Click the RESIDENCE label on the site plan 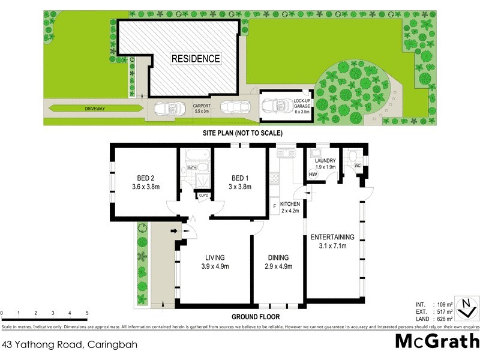pyautogui.click(x=196, y=59)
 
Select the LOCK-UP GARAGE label pyautogui.click(x=302, y=106)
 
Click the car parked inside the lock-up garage pyautogui.click(x=278, y=107)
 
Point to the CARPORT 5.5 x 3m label pyautogui.click(x=201, y=108)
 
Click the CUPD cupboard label pyautogui.click(x=203, y=196)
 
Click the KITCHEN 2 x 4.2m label pyautogui.click(x=289, y=208)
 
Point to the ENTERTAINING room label pyautogui.click(x=332, y=241)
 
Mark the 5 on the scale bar pyautogui.click(x=87, y=313)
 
